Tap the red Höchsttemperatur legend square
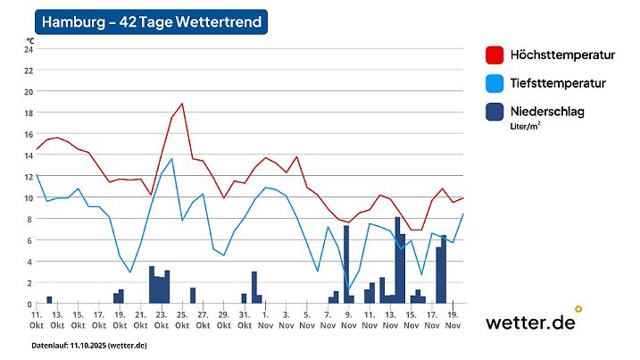(x=495, y=55)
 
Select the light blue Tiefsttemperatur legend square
(x=495, y=84)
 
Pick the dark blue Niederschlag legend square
(x=495, y=112)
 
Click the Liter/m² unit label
(x=525, y=127)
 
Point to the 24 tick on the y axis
(x=29, y=49)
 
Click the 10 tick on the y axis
(x=29, y=197)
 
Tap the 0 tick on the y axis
(x=29, y=304)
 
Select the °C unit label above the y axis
(x=30, y=40)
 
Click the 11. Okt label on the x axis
(x=37, y=320)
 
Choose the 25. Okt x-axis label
(x=182, y=320)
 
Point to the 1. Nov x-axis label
(x=265, y=320)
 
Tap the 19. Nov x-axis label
(x=453, y=320)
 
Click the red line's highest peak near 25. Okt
(x=182, y=104)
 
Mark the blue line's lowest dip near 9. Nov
(x=348, y=289)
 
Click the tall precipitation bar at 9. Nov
(x=346, y=264)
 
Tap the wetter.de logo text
(x=529, y=323)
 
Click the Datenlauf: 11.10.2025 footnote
(x=89, y=345)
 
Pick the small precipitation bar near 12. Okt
(x=49, y=300)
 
